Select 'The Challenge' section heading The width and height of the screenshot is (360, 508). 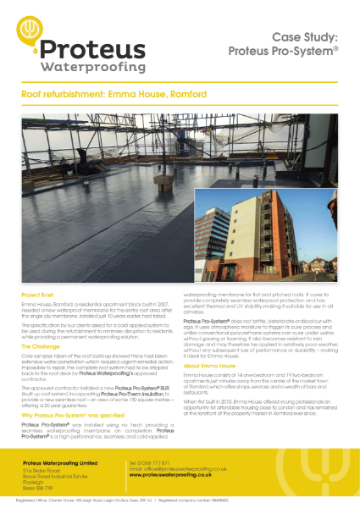click(42, 347)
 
